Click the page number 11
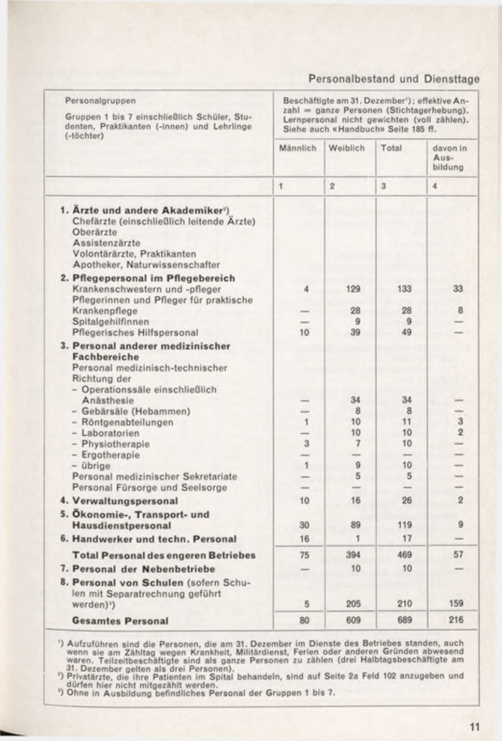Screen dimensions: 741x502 point(475,727)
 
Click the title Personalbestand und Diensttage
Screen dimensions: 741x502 point(394,79)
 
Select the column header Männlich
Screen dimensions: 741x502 point(298,148)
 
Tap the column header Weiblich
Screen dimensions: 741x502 point(347,148)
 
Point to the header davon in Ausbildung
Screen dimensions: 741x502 point(449,157)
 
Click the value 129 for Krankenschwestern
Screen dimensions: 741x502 point(353,289)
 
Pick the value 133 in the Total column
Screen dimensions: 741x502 point(404,289)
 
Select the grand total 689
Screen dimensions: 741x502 point(404,620)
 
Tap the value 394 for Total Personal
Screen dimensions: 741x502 point(353,555)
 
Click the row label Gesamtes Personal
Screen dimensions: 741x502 point(120,621)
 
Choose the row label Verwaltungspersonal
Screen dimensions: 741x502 point(125,501)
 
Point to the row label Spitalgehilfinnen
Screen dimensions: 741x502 point(111,322)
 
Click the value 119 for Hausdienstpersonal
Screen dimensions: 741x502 point(404,525)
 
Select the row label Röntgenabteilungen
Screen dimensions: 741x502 point(127,423)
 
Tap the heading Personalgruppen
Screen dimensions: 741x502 point(100,101)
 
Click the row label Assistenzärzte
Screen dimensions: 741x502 point(107,243)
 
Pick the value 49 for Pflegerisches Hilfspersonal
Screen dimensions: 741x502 point(404,332)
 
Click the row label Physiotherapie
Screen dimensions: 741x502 point(115,444)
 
